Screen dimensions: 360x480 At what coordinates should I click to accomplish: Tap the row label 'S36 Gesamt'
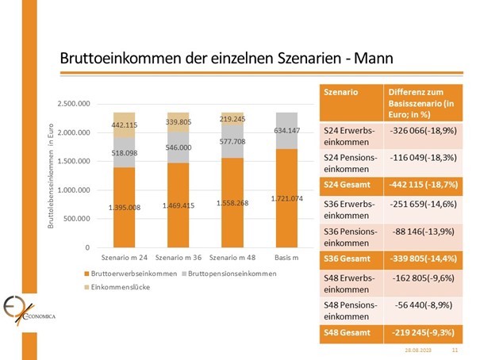coord(347,258)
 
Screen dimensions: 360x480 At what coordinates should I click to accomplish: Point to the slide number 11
coord(455,349)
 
